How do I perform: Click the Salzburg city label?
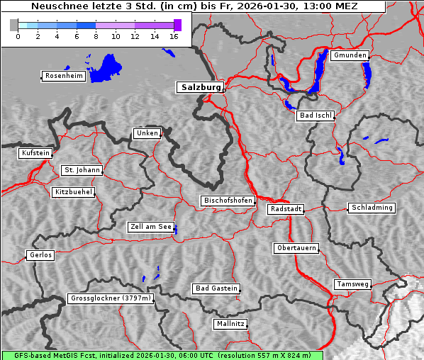click(199, 88)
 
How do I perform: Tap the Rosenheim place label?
click(63, 76)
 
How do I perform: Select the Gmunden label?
click(350, 55)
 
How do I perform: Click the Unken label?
click(146, 133)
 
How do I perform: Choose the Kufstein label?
click(35, 153)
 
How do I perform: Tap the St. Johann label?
click(82, 170)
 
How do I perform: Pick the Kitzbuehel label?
click(73, 192)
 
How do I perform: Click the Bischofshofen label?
click(228, 201)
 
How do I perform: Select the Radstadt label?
click(286, 209)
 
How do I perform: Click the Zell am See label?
click(151, 227)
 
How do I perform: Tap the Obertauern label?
click(296, 248)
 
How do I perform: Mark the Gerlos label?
click(40, 255)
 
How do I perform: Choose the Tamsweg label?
click(352, 284)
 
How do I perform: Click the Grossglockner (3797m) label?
click(111, 298)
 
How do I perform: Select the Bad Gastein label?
click(216, 288)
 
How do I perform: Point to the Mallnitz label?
click(230, 324)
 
